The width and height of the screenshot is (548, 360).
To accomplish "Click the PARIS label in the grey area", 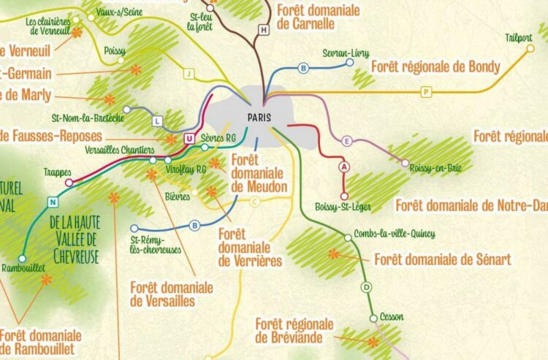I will pyautogui.click(x=254, y=115).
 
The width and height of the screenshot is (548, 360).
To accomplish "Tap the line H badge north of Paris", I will pyautogui.click(x=264, y=30).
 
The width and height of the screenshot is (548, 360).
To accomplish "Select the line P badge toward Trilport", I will pyautogui.click(x=425, y=92).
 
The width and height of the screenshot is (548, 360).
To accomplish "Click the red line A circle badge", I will pyautogui.click(x=344, y=166).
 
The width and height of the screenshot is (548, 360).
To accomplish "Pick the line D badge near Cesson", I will pyautogui.click(x=366, y=287).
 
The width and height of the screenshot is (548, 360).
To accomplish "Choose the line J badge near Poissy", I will pyautogui.click(x=189, y=73).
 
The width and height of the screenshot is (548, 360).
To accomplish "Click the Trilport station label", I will pyautogui.click(x=519, y=38).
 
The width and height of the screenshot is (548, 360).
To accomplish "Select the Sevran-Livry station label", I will pyautogui.click(x=346, y=53).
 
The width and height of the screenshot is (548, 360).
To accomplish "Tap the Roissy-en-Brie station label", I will pyautogui.click(x=435, y=166).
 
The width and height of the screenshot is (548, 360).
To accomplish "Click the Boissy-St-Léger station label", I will pyautogui.click(x=343, y=207).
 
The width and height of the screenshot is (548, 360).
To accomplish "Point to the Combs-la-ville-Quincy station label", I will pyautogui.click(x=394, y=234).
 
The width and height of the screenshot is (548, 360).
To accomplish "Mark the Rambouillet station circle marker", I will pyautogui.click(x=22, y=258).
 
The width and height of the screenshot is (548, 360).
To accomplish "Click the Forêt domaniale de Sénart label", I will pyautogui.click(x=442, y=259).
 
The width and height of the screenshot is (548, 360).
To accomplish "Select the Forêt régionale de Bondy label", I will pyautogui.click(x=435, y=67).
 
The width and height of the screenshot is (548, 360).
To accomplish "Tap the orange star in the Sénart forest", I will pyautogui.click(x=334, y=254).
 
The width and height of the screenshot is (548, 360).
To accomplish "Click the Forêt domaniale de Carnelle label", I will pyautogui.click(x=319, y=18).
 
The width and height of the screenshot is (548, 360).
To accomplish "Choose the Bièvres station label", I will pyautogui.click(x=178, y=196).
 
